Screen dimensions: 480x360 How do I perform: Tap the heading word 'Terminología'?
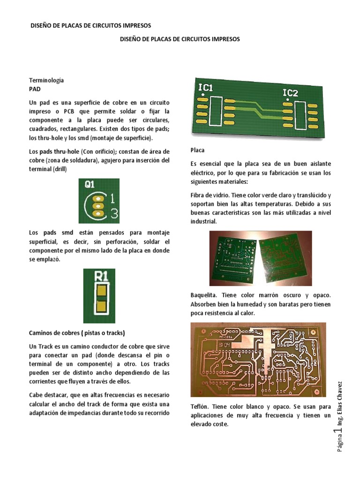tap(46, 80)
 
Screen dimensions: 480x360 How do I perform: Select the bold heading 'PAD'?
tap(35, 88)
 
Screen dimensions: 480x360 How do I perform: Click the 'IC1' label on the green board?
tap(206, 87)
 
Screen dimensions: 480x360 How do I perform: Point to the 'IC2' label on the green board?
tap(290, 92)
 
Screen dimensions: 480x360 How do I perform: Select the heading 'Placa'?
tap(197, 151)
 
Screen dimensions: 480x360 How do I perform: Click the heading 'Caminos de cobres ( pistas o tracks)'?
tap(77, 333)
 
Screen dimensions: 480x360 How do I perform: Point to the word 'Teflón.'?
tap(201, 407)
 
